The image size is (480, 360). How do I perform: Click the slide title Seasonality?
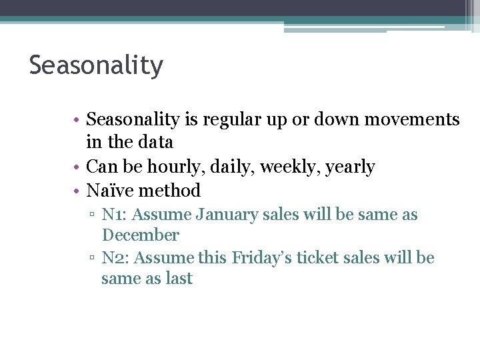(96, 66)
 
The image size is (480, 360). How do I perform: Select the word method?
(170, 191)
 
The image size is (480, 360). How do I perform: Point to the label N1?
(115, 215)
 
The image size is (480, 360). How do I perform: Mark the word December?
(141, 235)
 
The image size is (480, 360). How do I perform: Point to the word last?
(179, 278)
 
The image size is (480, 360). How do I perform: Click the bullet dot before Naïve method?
(77, 191)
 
